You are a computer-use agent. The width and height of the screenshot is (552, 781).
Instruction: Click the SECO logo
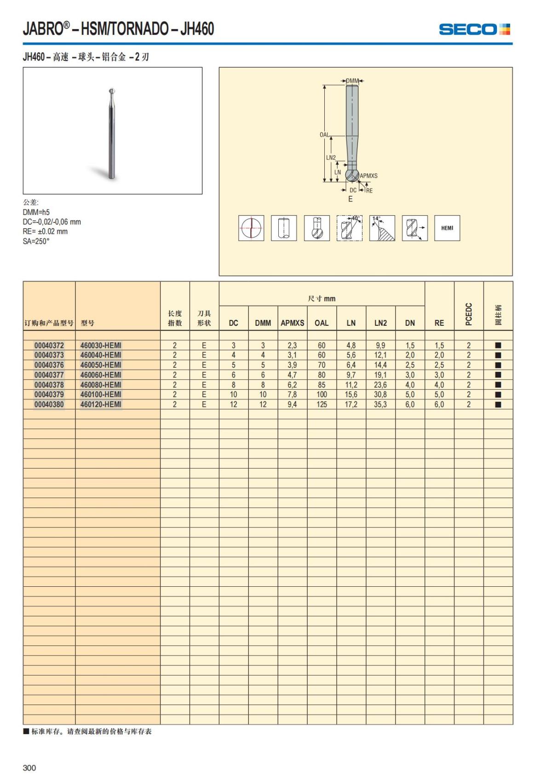point(474,29)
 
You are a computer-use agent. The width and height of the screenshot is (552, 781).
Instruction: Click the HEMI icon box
point(447,228)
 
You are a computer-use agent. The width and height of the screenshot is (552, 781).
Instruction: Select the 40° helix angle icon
point(349,228)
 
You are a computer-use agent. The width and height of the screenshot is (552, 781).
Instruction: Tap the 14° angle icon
point(382,228)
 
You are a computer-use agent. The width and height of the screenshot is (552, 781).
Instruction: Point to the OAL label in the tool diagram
point(324,135)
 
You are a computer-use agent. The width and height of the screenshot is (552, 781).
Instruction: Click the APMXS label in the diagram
point(368,176)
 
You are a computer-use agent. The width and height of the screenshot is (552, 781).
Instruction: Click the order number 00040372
point(49,345)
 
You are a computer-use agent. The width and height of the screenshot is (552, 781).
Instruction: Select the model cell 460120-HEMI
point(101,405)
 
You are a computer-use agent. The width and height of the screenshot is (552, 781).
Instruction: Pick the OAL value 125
point(322,405)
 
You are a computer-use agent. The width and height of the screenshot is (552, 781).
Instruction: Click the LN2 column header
point(380,323)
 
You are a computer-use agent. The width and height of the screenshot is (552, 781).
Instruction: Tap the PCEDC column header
point(469,314)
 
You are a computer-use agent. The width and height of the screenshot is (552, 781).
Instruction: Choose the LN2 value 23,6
point(380,385)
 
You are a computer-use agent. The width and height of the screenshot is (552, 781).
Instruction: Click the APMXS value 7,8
point(292,394)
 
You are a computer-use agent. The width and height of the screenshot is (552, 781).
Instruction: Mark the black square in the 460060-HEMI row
point(498,375)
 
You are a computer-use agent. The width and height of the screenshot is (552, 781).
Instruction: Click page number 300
point(29,768)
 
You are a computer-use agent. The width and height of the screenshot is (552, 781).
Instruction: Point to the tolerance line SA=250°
point(36,241)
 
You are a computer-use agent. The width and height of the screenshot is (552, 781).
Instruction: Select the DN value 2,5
point(410,365)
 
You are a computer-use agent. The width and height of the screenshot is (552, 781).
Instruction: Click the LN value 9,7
point(351,375)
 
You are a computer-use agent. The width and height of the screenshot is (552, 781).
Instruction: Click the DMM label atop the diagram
point(352,81)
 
